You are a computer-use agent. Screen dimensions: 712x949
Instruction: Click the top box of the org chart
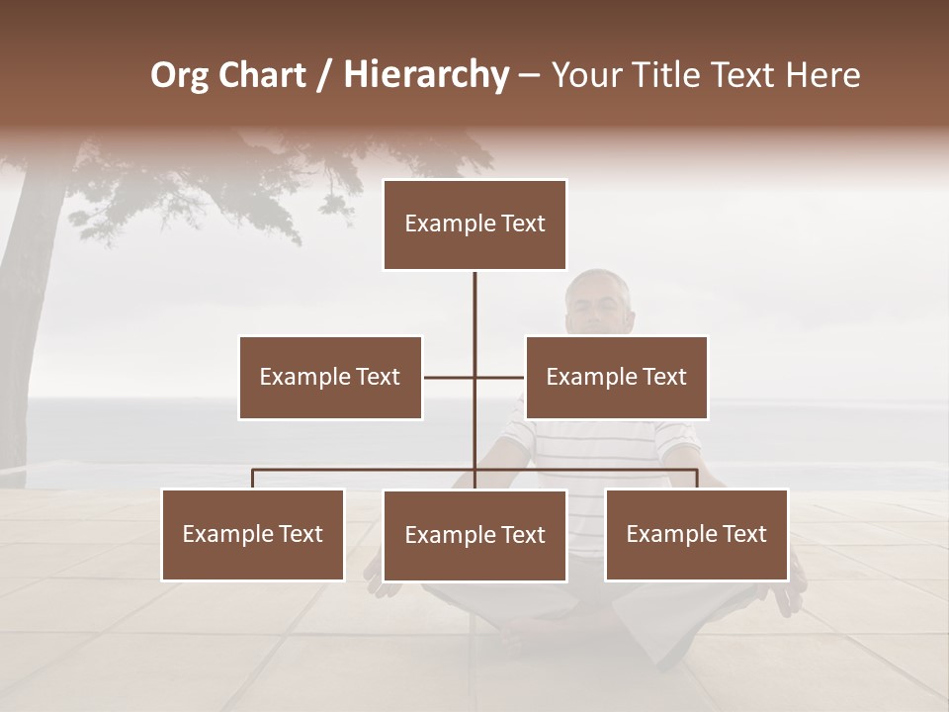[x=474, y=224]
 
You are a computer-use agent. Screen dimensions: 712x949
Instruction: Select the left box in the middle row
[x=330, y=377]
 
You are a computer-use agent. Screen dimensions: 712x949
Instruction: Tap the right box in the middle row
[x=616, y=377]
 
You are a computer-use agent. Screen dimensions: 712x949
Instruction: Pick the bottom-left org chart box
[x=253, y=534]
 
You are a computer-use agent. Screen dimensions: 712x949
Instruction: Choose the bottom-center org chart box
[x=474, y=535]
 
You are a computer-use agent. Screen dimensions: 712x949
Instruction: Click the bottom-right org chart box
[x=696, y=534]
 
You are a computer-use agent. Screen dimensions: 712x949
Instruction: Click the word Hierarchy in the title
[x=426, y=75]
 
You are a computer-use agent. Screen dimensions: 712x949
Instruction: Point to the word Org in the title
[x=179, y=75]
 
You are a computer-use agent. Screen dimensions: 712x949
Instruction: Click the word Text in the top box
[x=522, y=224]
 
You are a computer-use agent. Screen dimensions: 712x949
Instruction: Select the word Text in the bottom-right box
[x=743, y=534]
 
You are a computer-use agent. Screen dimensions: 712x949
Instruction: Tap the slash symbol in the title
[x=324, y=75]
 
